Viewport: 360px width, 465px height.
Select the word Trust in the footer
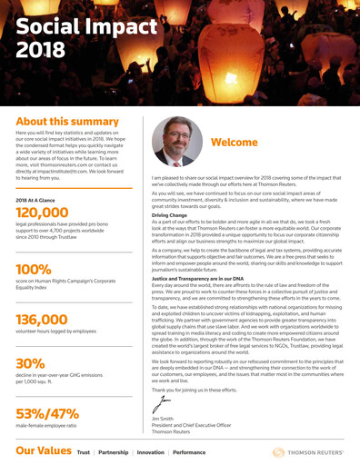click(84, 451)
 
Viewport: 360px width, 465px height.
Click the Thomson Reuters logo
click(304, 450)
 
